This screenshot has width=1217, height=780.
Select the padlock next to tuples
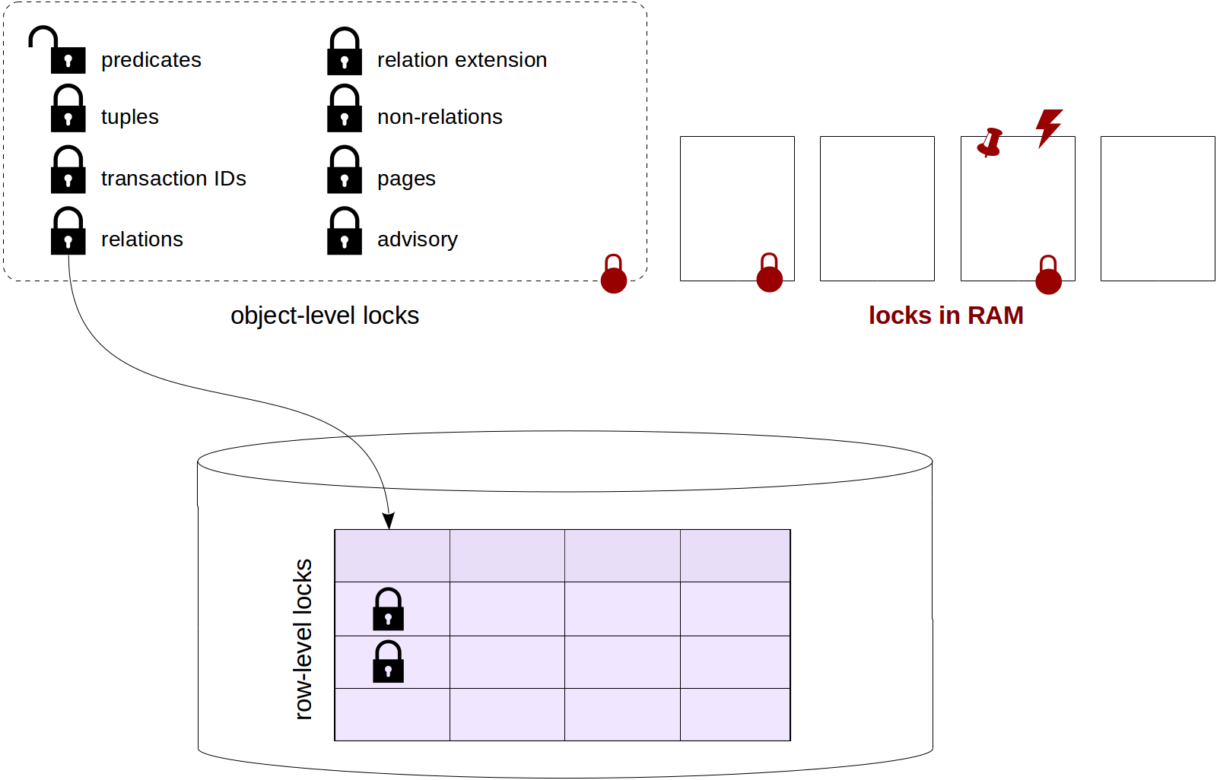click(68, 109)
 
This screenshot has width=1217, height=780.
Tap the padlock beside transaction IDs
click(68, 171)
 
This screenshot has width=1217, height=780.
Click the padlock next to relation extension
click(345, 52)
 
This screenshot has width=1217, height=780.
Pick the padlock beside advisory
click(345, 232)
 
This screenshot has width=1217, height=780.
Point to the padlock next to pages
click(345, 171)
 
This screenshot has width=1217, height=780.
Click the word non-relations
click(440, 117)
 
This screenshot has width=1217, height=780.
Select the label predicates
click(151, 60)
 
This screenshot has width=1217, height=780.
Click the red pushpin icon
click(990, 142)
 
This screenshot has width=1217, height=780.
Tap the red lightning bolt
click(1048, 127)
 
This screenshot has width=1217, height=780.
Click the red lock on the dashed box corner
click(614, 274)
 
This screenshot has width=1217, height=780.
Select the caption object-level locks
click(325, 315)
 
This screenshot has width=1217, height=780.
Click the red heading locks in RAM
click(945, 315)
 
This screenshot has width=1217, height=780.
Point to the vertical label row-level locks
click(303, 639)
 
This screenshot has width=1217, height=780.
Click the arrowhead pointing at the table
click(389, 521)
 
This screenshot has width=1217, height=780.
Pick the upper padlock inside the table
click(388, 610)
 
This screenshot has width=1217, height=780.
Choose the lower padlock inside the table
click(388, 662)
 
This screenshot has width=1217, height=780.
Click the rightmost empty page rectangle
click(1157, 208)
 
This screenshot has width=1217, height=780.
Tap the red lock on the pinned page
click(1048, 275)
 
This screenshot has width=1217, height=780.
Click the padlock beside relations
click(68, 232)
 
